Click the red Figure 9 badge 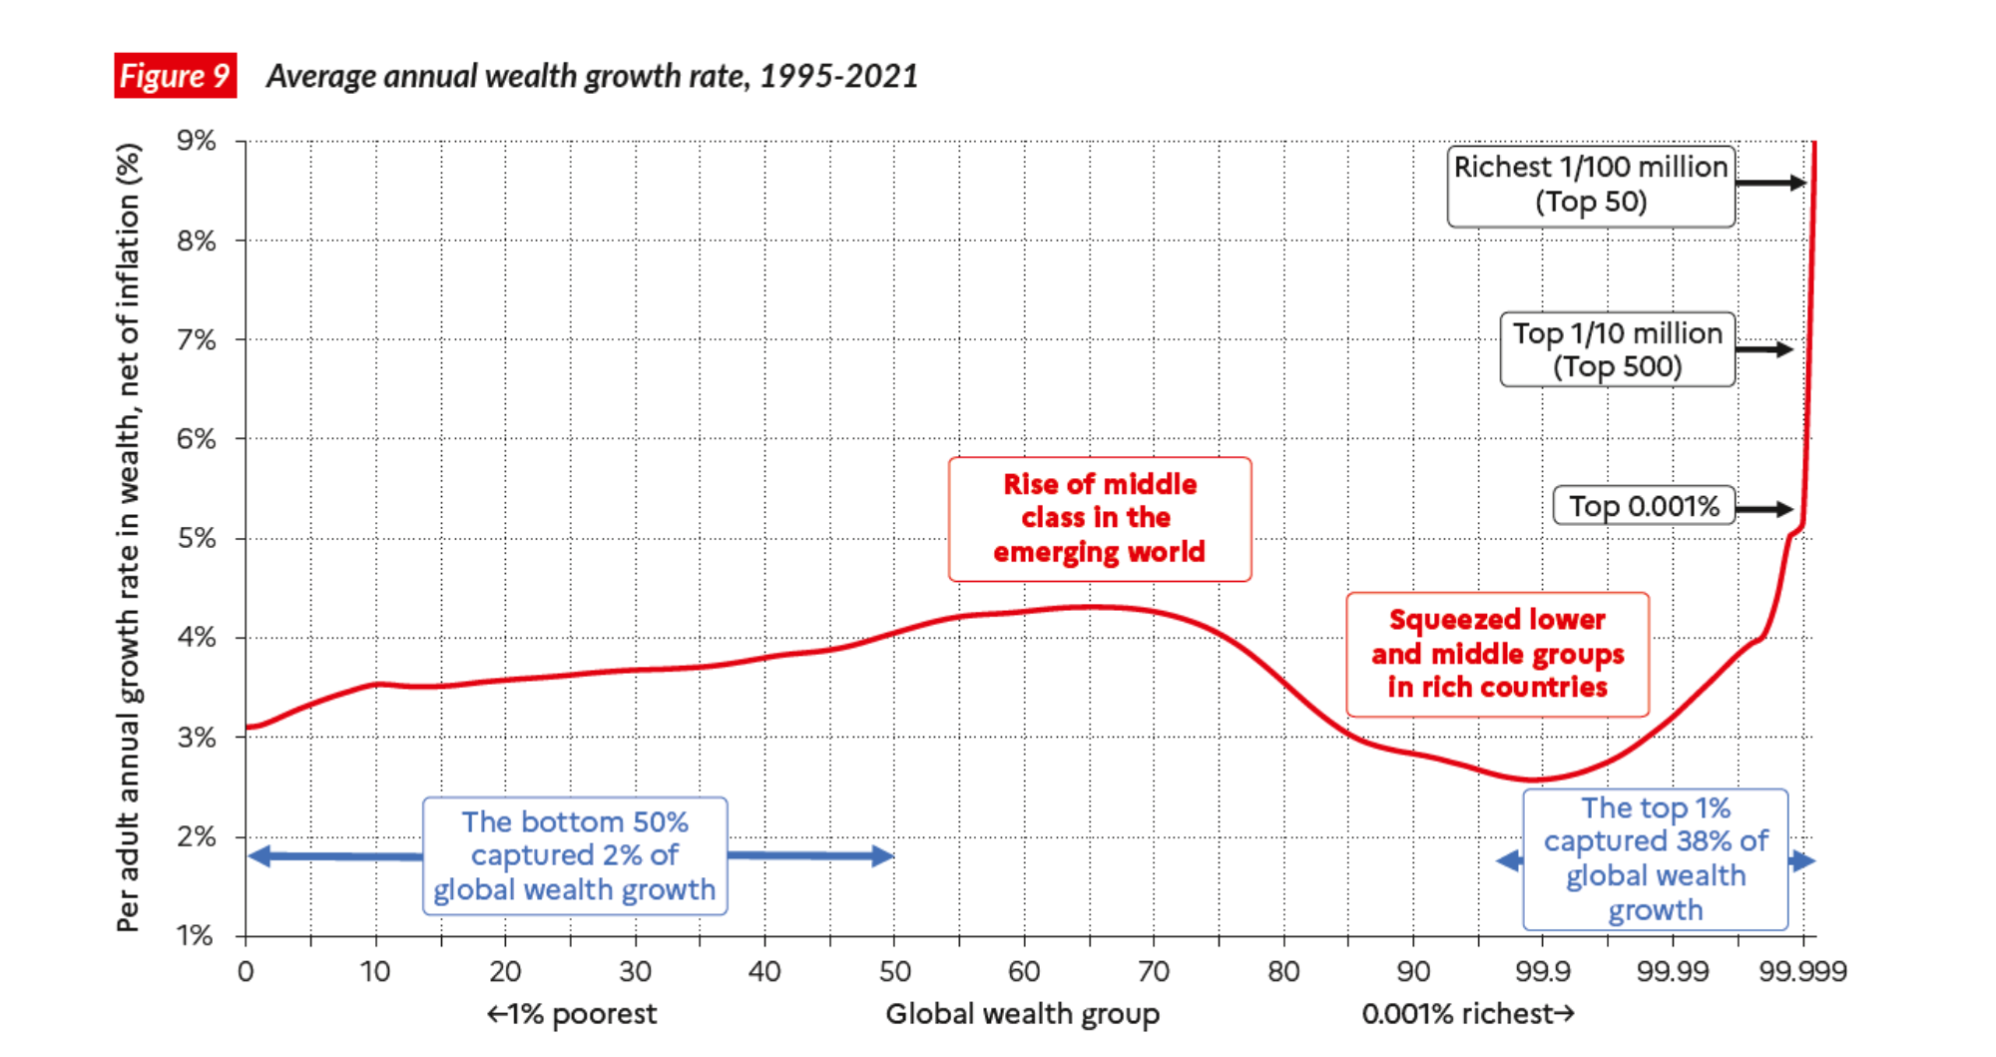pos(175,76)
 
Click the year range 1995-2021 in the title pos(838,76)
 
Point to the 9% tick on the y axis pos(197,141)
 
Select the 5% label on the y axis pos(197,538)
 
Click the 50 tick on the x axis pos(894,971)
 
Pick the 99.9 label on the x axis pos(1543,971)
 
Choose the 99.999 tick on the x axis pos(1802,971)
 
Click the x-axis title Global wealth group pos(1022,1014)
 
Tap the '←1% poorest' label pos(571,1014)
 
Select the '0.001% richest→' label pos(1468,1014)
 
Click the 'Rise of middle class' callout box pos(1100,519)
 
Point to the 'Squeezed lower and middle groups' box pos(1497,654)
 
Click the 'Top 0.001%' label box pos(1644,507)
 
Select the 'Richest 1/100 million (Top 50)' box pos(1591,186)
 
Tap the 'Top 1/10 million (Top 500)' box pos(1617,349)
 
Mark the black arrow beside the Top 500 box pos(1764,349)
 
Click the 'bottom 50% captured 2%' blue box pos(575,855)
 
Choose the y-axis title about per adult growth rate pos(129,538)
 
